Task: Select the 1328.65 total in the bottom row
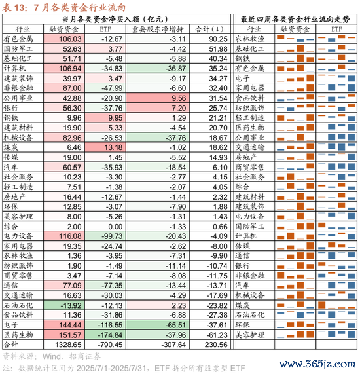point(68,345)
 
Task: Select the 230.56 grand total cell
point(216,345)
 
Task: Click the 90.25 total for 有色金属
point(218,39)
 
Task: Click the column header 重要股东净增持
point(158,29)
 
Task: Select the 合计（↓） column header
point(209,29)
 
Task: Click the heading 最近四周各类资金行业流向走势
point(295,19)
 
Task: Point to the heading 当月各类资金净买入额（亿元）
point(115,19)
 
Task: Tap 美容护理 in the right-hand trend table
point(250,335)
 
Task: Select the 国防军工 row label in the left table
point(18,49)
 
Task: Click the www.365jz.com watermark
point(317,364)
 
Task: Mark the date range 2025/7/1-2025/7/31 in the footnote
point(111,368)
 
